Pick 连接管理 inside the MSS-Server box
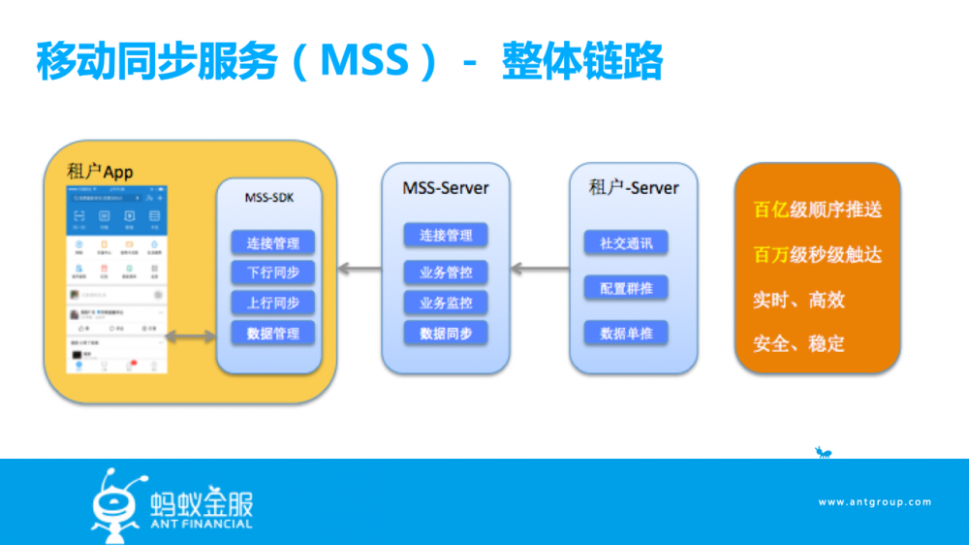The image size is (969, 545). click(446, 236)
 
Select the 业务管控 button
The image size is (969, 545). click(446, 272)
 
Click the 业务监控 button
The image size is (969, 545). click(446, 303)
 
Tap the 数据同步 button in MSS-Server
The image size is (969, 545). click(446, 334)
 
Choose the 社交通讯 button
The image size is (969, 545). click(626, 243)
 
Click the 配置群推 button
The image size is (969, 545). click(626, 288)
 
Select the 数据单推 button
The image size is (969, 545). click(626, 334)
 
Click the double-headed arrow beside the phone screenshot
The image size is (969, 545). click(190, 337)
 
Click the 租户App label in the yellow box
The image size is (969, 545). click(100, 172)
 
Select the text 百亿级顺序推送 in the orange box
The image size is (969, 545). click(817, 209)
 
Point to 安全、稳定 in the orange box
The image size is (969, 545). click(798, 343)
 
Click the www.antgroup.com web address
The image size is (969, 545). click(874, 502)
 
